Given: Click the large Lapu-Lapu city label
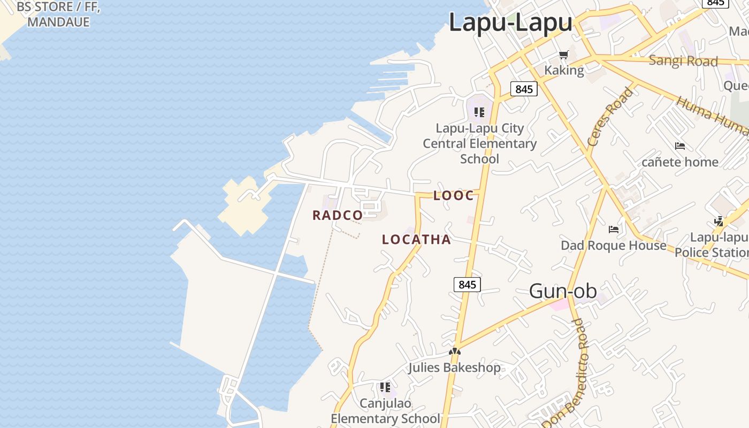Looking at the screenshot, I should coord(510,23).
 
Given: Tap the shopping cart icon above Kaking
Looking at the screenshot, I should coord(563,55).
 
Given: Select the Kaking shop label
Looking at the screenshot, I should coord(564,70).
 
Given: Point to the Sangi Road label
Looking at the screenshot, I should coord(683,61).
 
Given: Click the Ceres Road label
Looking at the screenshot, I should coord(610,117).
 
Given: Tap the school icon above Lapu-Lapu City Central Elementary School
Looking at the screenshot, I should coord(479,112).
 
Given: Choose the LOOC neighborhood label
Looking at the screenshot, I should coord(454,196).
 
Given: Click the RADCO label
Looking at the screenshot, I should coord(338,216).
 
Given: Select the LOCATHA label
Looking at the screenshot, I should coord(416,240).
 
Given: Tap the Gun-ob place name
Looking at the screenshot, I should coord(563,291).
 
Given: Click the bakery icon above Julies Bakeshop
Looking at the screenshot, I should coord(455,352).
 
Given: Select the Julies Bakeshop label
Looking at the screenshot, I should coord(455,368).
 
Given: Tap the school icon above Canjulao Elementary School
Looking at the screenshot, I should coord(385,387).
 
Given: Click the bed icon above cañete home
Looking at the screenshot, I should coord(679,146).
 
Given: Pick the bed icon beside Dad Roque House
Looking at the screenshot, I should coord(614,230).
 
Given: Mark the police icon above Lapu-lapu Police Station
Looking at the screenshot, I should coord(719,221).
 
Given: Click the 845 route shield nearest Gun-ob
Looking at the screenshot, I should coord(467,285).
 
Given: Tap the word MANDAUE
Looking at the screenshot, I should coord(58,22).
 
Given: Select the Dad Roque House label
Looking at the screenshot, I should coord(613,246).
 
